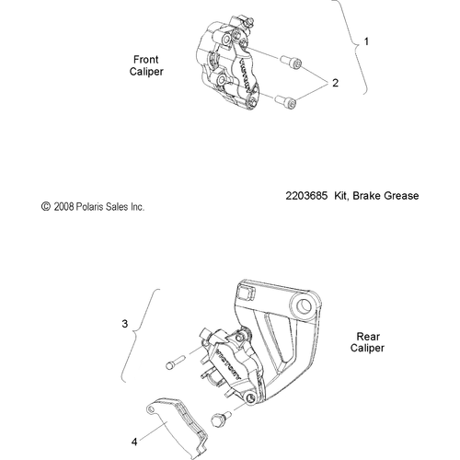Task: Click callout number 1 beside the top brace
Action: pos(367,42)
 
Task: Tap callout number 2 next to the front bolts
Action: pos(335,83)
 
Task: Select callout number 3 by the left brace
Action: pos(125,324)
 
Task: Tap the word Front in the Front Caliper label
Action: pos(148,57)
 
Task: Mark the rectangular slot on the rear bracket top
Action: pos(245,293)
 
